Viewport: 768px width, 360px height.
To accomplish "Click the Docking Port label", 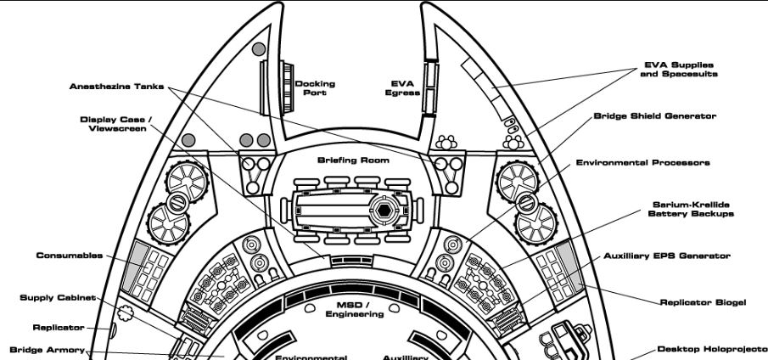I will [315, 88].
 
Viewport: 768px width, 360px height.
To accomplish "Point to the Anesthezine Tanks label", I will [116, 86].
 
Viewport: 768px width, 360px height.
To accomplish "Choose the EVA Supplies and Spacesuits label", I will [678, 69].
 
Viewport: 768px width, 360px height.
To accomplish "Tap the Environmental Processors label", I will [642, 162].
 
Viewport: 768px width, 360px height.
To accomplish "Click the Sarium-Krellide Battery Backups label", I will [679, 210].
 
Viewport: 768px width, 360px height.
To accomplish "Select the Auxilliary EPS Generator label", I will [666, 255].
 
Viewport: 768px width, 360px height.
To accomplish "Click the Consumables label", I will [69, 255].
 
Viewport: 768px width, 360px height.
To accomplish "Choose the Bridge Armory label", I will [47, 349].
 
